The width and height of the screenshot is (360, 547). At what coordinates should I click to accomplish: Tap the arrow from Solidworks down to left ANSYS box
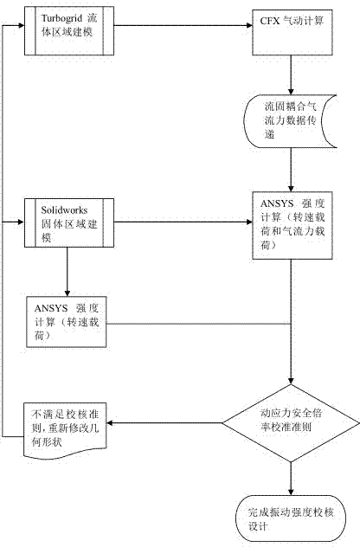(x=66, y=273)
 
